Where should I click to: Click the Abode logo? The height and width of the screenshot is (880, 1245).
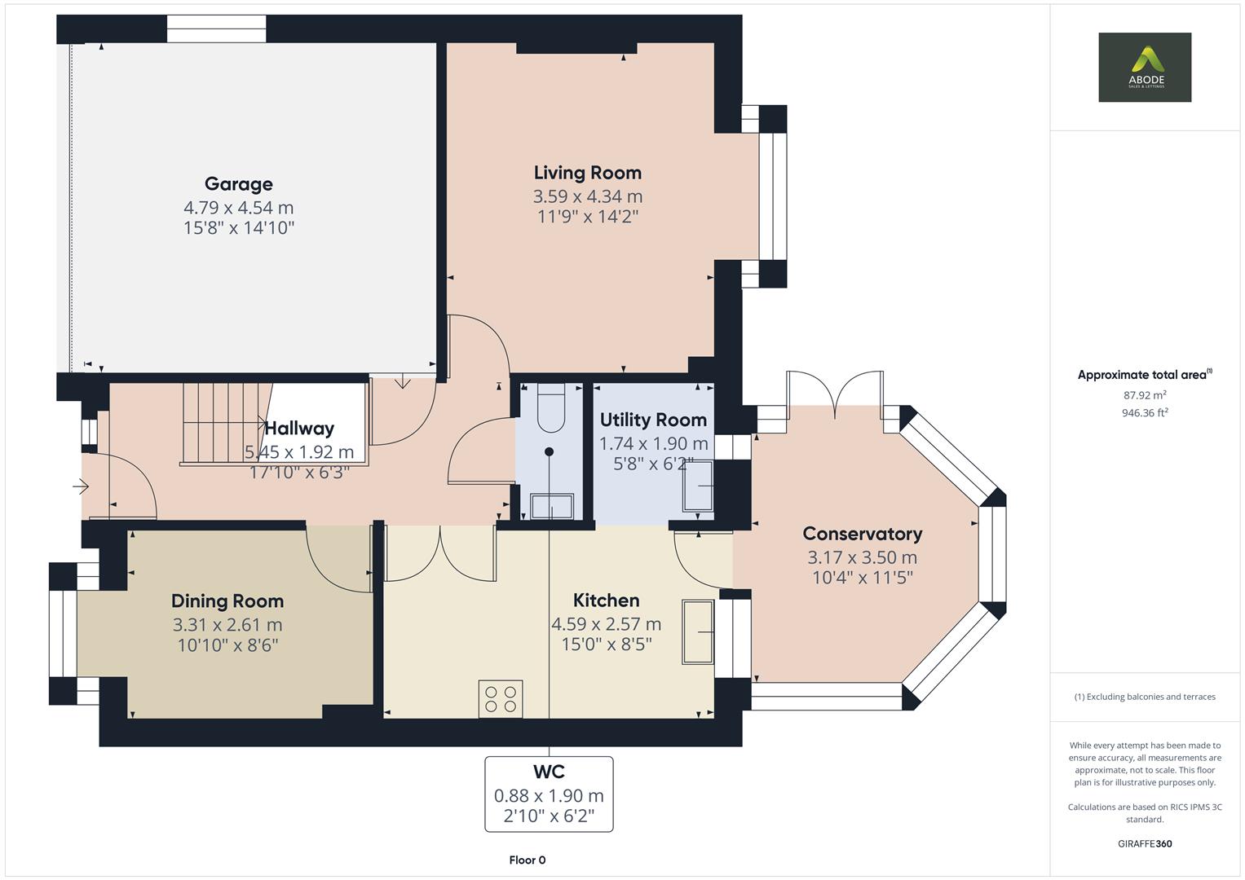(1144, 67)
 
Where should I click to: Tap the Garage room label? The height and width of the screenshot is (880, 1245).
(238, 184)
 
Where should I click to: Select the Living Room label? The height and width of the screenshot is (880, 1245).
(587, 173)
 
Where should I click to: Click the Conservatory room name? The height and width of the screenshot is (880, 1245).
(862, 534)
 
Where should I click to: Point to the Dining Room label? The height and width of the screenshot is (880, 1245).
(227, 601)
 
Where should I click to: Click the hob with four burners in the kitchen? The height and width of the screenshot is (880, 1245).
(501, 699)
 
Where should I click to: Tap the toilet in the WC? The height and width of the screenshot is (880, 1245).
(551, 407)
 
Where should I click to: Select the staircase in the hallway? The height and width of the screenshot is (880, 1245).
(224, 424)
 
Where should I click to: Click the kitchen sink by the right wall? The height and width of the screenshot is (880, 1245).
(698, 631)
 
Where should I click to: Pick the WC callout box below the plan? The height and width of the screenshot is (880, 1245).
(549, 794)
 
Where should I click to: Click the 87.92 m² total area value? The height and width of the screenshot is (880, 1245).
(1144, 395)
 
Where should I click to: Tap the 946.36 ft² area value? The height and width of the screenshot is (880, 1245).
(1144, 413)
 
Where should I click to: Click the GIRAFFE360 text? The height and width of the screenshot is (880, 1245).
(1144, 843)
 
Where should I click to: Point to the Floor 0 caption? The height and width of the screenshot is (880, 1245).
(527, 860)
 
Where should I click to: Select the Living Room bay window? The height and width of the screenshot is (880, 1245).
(772, 196)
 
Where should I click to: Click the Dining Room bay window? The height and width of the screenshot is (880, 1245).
(63, 633)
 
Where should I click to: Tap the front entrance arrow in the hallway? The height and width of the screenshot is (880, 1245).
(81, 487)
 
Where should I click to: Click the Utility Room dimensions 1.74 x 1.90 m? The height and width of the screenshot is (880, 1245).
(653, 444)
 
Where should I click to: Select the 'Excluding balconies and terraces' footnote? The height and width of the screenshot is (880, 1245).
(1144, 697)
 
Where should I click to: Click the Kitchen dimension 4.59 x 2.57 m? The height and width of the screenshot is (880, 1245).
(606, 624)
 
